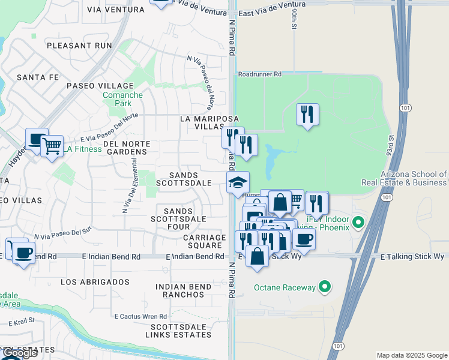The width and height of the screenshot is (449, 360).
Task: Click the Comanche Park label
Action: pyautogui.click(x=122, y=99)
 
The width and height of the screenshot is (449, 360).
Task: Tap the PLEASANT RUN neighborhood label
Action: pyautogui.click(x=80, y=45)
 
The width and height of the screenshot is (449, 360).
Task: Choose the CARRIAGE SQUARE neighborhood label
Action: pyautogui.click(x=196, y=241)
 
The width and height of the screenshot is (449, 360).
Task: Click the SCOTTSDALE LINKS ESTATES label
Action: pyautogui.click(x=179, y=331)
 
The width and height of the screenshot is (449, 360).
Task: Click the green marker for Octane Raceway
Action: pyautogui.click(x=325, y=287)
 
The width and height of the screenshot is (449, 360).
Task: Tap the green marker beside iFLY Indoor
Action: pyautogui.click(x=358, y=223)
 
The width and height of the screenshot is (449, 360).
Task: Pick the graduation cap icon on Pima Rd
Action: pyautogui.click(x=238, y=182)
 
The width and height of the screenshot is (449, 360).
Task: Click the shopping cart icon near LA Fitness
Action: pyautogui.click(x=52, y=145)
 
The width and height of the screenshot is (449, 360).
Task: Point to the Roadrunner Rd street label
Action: pyautogui.click(x=259, y=74)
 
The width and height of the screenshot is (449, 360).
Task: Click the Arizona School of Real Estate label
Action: pyautogui.click(x=403, y=179)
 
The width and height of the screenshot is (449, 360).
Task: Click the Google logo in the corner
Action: pyautogui.click(x=20, y=353)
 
